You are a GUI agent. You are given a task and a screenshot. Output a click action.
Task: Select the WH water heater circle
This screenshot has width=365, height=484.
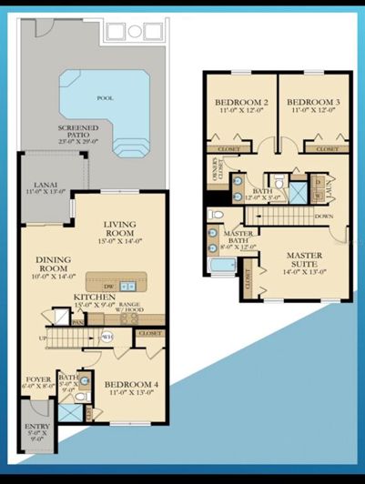(107, 336)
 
